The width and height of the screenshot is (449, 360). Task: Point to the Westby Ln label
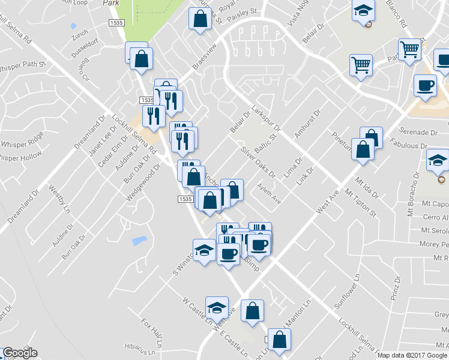pos(56,200)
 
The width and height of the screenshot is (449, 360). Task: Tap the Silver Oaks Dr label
pos(258,162)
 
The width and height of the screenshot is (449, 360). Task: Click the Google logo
pos(20,352)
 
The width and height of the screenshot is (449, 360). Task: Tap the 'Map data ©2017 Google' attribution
pos(412,355)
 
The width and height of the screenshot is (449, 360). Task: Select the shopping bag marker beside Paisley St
pos(199,19)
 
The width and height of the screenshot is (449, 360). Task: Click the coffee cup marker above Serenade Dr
pos(425,85)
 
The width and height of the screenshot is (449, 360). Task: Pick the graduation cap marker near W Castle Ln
pos(217,308)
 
